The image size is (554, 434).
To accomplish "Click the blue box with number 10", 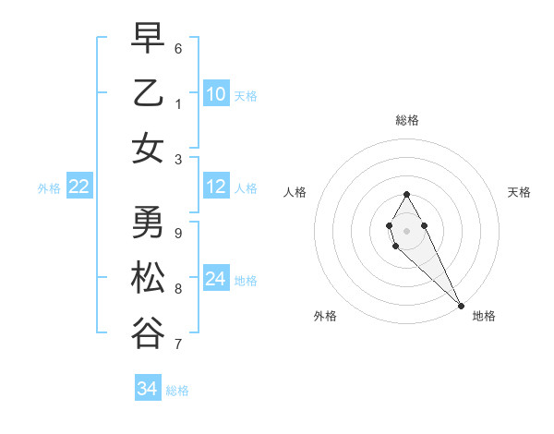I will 216,93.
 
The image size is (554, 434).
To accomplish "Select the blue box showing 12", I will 216,187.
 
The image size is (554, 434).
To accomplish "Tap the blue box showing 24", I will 216,279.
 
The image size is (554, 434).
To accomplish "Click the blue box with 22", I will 78,187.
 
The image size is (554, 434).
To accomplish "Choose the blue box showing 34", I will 148,389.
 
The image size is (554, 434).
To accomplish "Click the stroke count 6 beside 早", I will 178,48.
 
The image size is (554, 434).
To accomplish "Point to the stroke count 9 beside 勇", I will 178,233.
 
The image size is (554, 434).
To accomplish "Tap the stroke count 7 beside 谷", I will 178,344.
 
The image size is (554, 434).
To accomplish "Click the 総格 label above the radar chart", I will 407,120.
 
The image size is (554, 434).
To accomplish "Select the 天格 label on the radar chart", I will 519,192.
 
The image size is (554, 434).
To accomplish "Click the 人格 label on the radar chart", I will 295,192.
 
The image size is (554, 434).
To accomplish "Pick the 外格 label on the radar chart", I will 324,316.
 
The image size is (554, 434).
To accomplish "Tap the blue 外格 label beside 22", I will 49,188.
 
